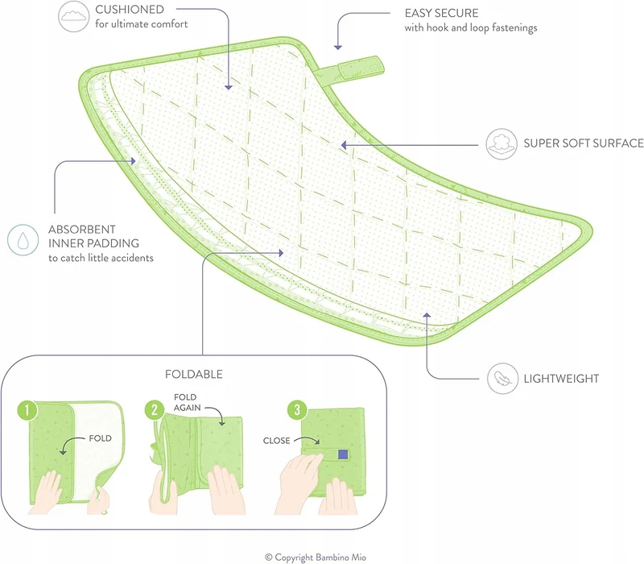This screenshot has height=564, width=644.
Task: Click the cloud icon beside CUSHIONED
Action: (x=73, y=16)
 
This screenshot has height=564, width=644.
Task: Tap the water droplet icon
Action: (x=23, y=240)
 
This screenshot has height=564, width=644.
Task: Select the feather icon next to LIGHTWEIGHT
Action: (x=502, y=378)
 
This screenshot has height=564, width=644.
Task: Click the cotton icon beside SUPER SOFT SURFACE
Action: (x=502, y=144)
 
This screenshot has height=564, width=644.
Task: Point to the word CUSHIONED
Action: (x=130, y=10)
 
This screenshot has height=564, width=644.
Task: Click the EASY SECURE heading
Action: (x=441, y=13)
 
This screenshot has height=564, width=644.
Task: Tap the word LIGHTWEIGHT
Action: (x=561, y=379)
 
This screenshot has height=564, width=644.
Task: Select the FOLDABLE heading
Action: (x=194, y=374)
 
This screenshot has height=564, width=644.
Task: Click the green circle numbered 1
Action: (x=27, y=410)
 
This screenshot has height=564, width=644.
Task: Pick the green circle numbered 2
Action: (x=155, y=410)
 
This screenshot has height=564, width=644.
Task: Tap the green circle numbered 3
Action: (x=297, y=409)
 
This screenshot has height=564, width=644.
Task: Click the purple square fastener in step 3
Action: (x=343, y=454)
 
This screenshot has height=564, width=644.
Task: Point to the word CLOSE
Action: (x=276, y=441)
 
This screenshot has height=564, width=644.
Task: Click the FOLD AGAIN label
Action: (x=187, y=402)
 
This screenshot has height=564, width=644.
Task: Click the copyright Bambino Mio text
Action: (x=316, y=558)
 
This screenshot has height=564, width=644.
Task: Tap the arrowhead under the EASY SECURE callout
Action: (x=337, y=48)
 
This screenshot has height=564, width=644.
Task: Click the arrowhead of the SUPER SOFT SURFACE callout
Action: (x=344, y=145)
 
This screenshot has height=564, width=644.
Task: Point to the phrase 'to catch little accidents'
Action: (x=101, y=258)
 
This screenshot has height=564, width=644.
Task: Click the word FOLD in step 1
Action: (x=100, y=438)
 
